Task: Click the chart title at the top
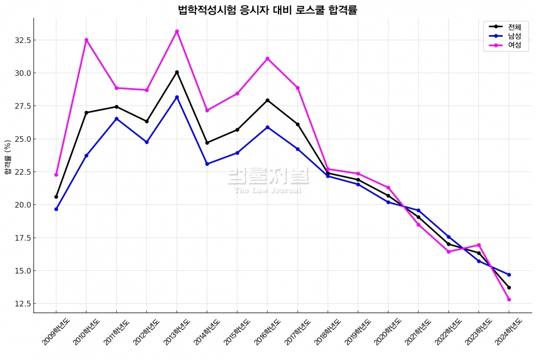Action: (267, 9)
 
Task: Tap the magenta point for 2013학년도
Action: (177, 31)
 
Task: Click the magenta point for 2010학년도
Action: (87, 40)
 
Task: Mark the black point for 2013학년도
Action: (177, 72)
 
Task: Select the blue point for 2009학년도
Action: (56, 209)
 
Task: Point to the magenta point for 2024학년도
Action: (509, 300)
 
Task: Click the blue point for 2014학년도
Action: (207, 164)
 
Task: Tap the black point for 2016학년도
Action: (267, 100)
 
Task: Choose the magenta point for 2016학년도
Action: (267, 59)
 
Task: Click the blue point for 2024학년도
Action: (509, 275)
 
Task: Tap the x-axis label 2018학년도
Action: (327, 332)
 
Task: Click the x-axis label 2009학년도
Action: (55, 332)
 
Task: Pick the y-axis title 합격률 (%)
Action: (7, 157)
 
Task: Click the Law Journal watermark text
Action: (268, 190)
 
